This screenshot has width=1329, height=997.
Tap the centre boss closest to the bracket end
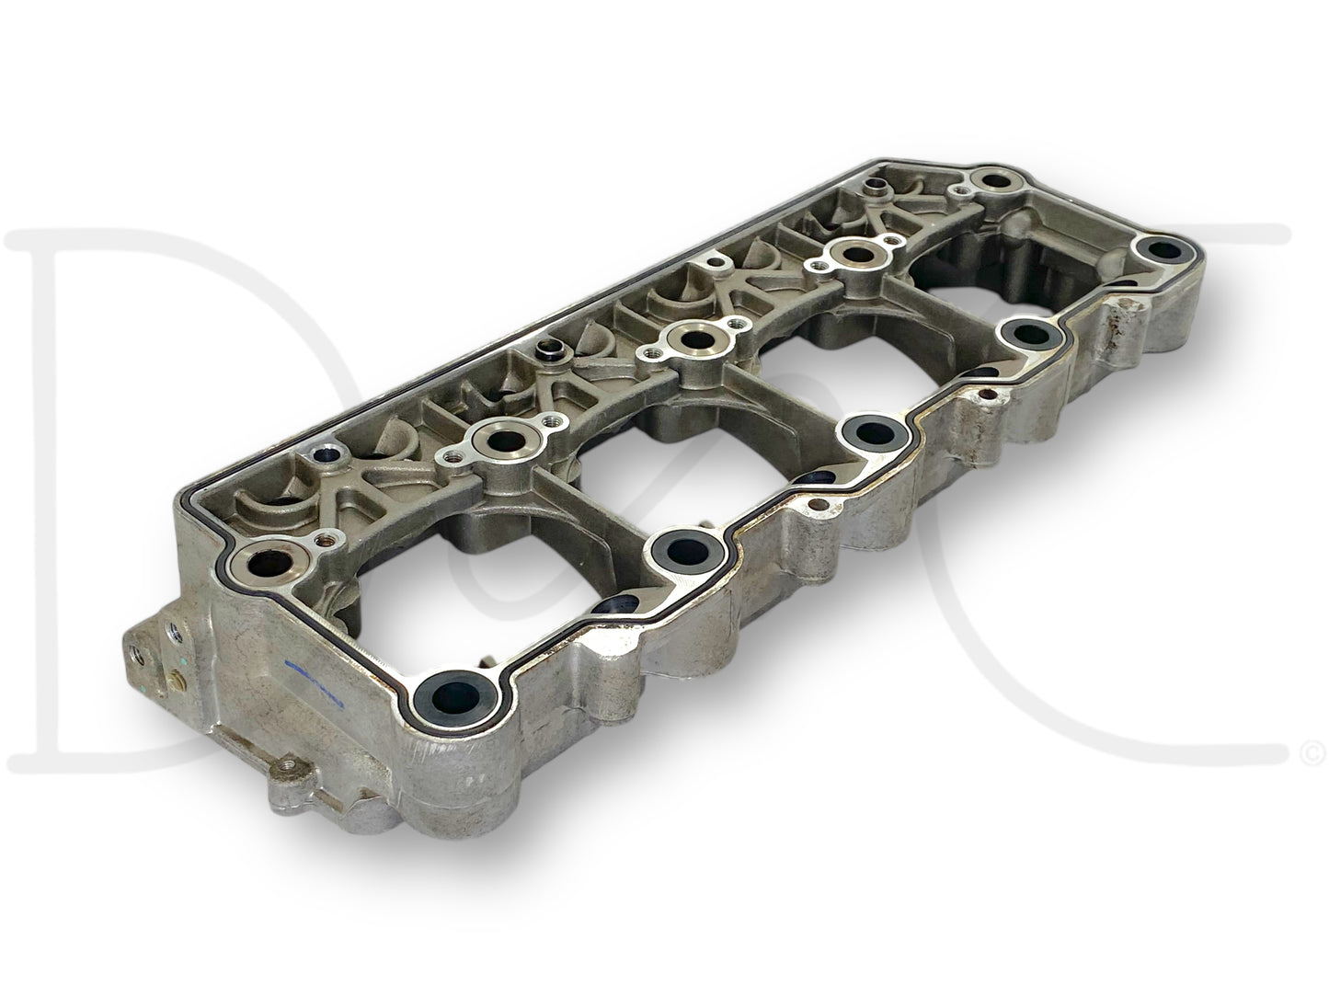point(500,441)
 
